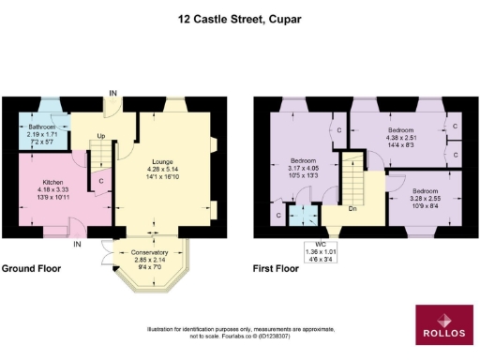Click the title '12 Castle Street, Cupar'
(x=239, y=16)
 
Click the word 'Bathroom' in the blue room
(x=41, y=127)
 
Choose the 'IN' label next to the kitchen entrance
(x=78, y=246)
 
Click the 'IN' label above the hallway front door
(x=113, y=92)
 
